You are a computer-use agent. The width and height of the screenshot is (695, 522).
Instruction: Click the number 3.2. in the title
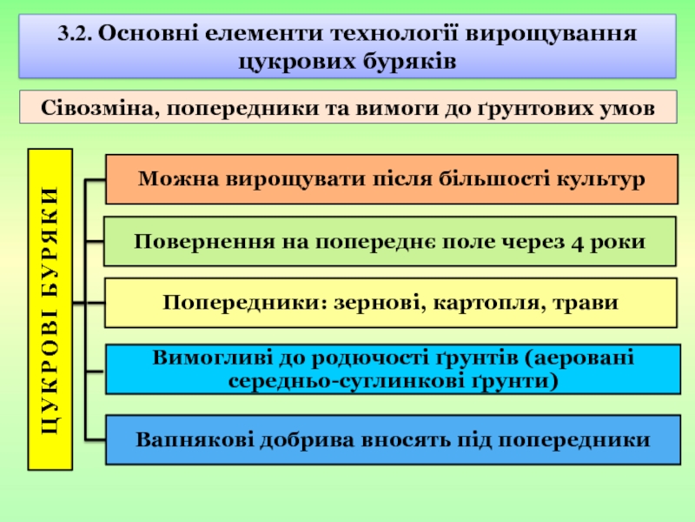[x=75, y=34]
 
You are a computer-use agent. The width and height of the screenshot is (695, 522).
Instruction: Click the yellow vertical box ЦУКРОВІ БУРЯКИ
[x=50, y=310]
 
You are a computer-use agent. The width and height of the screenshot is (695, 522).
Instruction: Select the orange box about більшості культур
[x=392, y=179]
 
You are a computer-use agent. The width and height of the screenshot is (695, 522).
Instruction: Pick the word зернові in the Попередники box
[x=380, y=303]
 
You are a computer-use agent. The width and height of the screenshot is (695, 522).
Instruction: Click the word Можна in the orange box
[x=179, y=179]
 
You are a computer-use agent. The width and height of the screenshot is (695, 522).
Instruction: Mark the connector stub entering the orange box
[x=95, y=180]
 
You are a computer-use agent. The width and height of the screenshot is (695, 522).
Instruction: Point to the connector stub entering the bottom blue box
[x=95, y=440]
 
